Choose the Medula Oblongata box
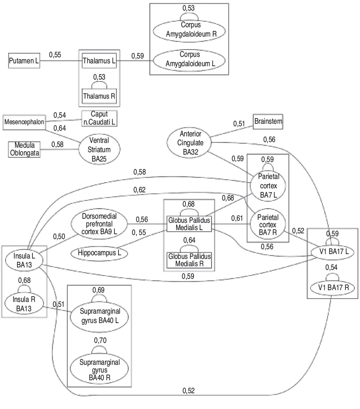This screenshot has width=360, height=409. (x=24, y=149)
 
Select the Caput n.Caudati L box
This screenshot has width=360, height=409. (x=99, y=118)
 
